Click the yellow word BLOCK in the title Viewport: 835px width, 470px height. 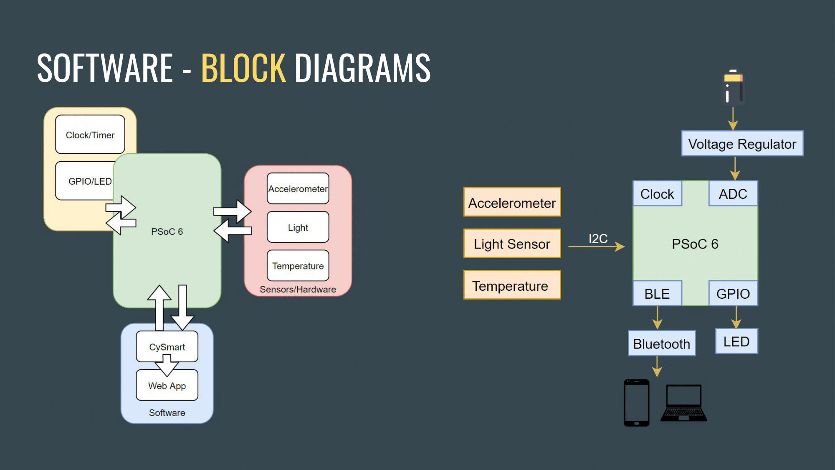click(243, 68)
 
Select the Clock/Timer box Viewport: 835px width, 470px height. click(90, 135)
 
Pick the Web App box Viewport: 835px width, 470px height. click(167, 386)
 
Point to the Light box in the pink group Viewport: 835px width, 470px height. click(298, 227)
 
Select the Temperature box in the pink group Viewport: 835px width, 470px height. click(298, 266)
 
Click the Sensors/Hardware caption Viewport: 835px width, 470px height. click(298, 289)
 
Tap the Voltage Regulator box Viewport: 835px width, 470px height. click(742, 144)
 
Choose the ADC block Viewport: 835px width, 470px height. click(733, 194)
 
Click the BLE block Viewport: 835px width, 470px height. click(657, 294)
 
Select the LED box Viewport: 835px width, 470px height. click(736, 341)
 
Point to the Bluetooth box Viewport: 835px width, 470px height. click(661, 343)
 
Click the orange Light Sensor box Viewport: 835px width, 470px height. click(512, 244)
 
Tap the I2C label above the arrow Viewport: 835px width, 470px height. click(598, 239)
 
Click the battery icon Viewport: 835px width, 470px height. click(733, 88)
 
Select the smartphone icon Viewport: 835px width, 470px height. click(636, 403)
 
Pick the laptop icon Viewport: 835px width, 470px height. click(683, 403)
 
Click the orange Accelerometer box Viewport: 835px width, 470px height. click(512, 203)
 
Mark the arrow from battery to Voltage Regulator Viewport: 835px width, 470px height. click(733, 119)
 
